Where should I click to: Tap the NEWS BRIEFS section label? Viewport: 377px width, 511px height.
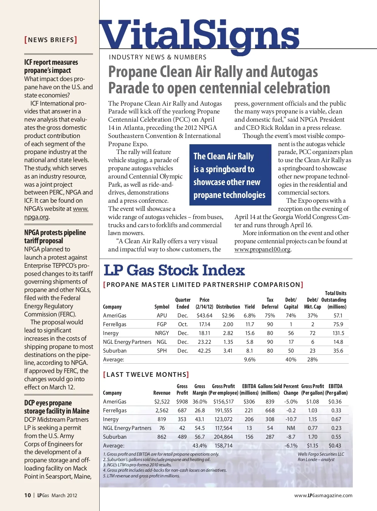51,40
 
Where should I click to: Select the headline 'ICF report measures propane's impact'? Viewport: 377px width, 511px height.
51,66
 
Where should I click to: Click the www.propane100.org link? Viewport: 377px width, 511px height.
262,250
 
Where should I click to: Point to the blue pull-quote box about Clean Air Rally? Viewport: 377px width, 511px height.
230,175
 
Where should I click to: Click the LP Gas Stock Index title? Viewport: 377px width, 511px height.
174,271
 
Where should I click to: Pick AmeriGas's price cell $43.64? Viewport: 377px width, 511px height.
204,316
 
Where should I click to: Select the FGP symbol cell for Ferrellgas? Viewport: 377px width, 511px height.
162,324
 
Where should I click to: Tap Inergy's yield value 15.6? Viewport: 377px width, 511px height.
250,333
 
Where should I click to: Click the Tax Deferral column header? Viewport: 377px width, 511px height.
270,303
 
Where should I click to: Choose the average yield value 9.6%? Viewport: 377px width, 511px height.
250,360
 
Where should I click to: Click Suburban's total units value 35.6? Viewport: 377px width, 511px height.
338,351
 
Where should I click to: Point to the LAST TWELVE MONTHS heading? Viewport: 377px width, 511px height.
146,375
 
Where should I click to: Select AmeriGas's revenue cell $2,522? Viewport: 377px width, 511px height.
162,402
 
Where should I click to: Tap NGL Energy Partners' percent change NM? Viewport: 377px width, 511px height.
291,428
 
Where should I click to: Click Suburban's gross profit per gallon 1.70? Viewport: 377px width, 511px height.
313,437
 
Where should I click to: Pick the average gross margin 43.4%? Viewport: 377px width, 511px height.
199,446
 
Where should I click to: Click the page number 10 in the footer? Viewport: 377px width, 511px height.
28,495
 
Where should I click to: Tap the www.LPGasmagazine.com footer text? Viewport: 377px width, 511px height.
323,496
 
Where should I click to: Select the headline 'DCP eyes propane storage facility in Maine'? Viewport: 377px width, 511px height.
57,407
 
